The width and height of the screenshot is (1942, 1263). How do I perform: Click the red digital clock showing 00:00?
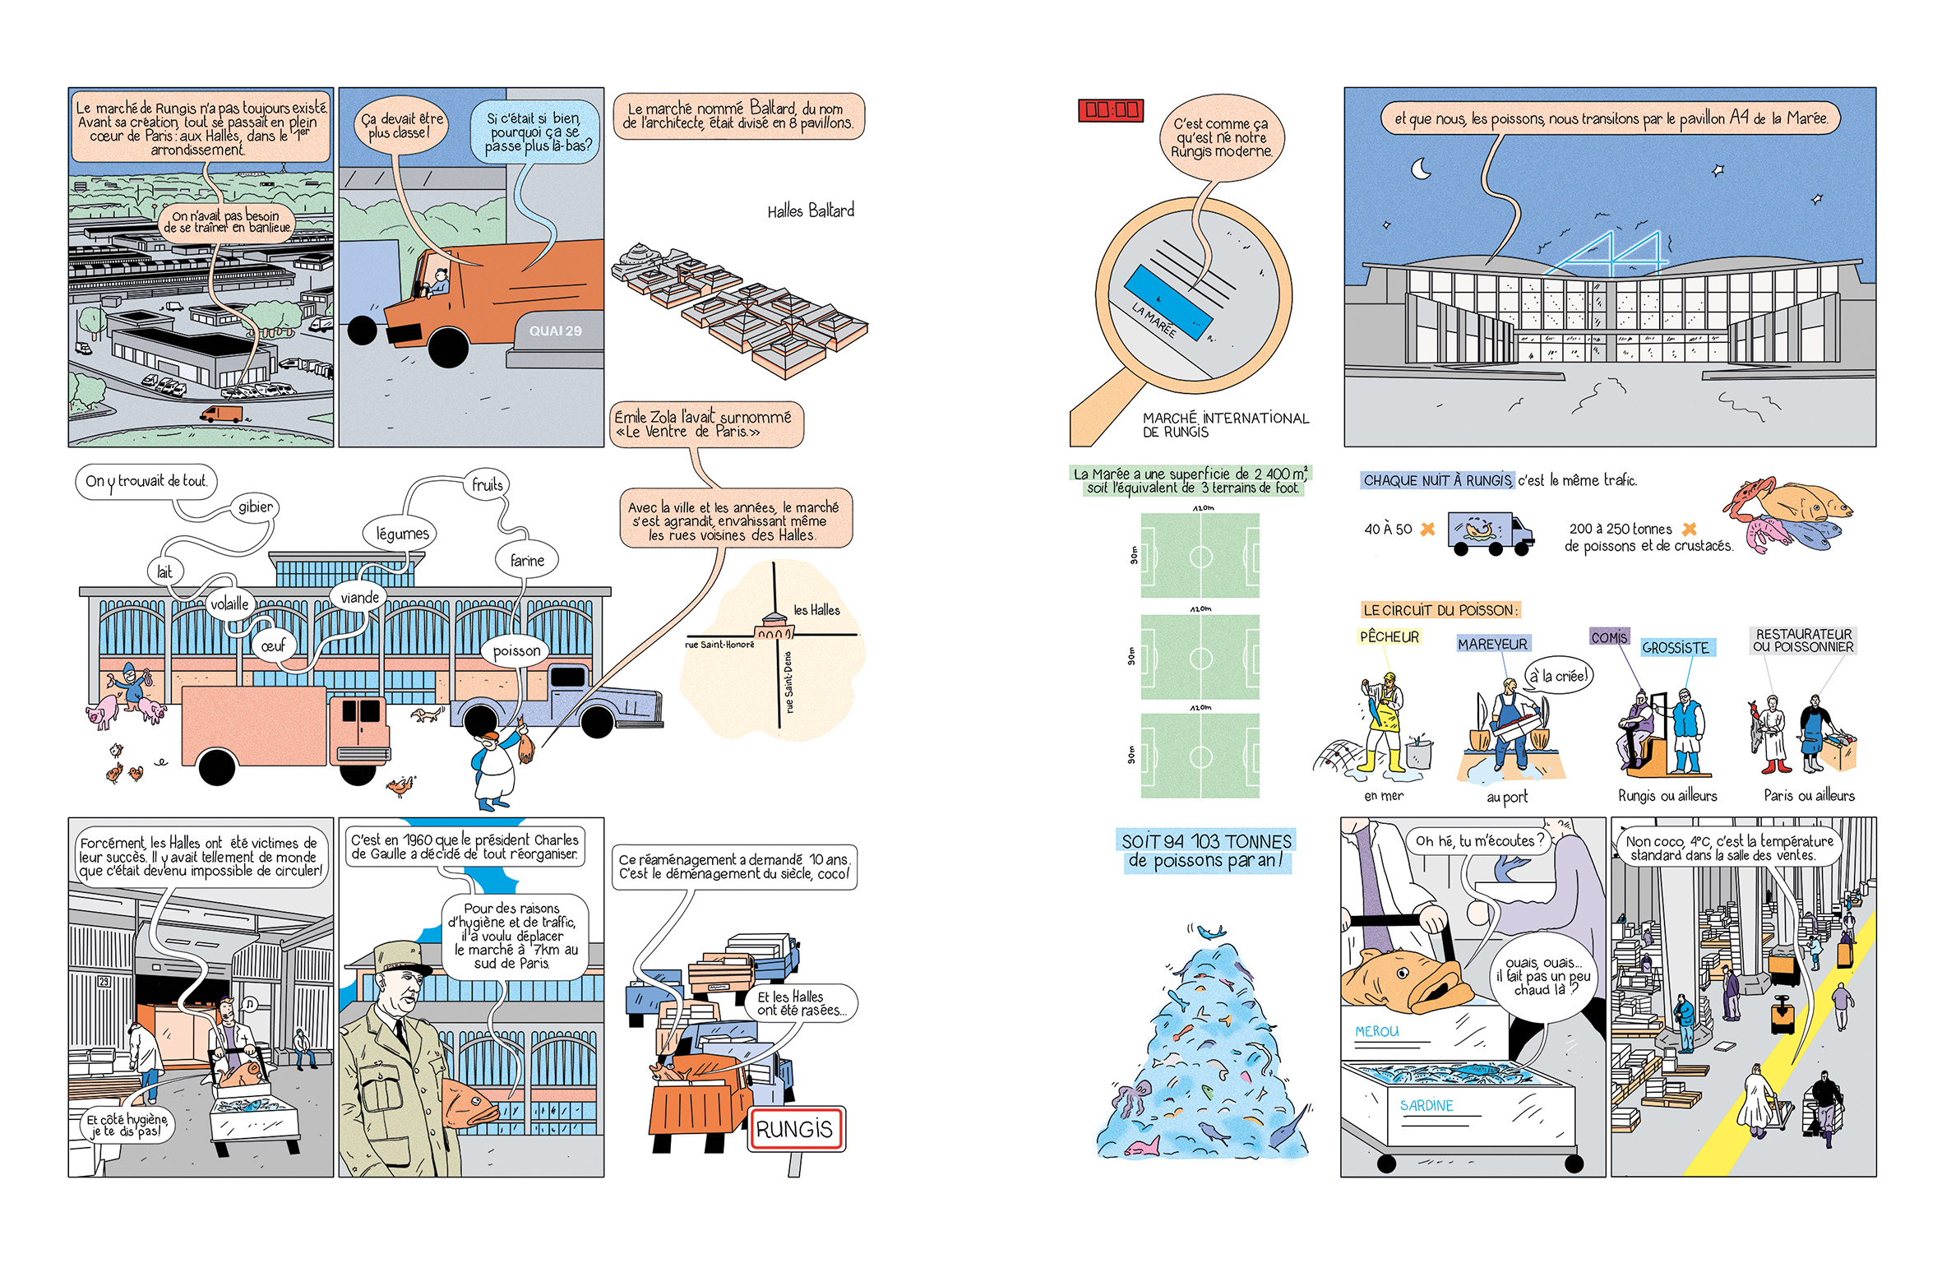tap(1111, 110)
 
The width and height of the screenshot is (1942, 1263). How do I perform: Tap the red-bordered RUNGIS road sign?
tap(795, 1129)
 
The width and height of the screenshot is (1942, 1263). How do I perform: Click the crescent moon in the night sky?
tap(1421, 169)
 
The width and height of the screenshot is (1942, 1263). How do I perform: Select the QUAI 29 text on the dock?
tap(555, 331)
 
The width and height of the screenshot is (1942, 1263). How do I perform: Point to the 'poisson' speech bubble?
tap(516, 650)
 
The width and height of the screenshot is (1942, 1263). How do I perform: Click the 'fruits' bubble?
tap(487, 484)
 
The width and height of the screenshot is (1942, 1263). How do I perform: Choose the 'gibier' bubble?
tap(255, 507)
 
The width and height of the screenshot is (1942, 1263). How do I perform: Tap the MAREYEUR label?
tap(1492, 644)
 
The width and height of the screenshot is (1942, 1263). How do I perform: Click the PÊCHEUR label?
tap(1389, 636)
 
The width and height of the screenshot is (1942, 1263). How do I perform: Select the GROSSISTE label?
tap(1676, 648)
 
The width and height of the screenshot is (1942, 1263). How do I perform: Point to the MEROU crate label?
tap(1377, 1031)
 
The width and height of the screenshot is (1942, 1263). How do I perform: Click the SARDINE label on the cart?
tap(1426, 1106)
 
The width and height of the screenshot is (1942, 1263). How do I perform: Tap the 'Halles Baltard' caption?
tap(811, 210)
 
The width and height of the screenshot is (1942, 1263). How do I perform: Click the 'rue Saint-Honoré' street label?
tap(719, 645)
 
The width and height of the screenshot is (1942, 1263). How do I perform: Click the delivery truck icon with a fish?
tap(1490, 534)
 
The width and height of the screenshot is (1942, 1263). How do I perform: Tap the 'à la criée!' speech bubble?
tap(1559, 676)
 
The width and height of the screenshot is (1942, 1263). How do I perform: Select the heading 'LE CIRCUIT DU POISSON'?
tap(1440, 610)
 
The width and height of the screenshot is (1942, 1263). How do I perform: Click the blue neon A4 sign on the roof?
tap(1607, 253)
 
